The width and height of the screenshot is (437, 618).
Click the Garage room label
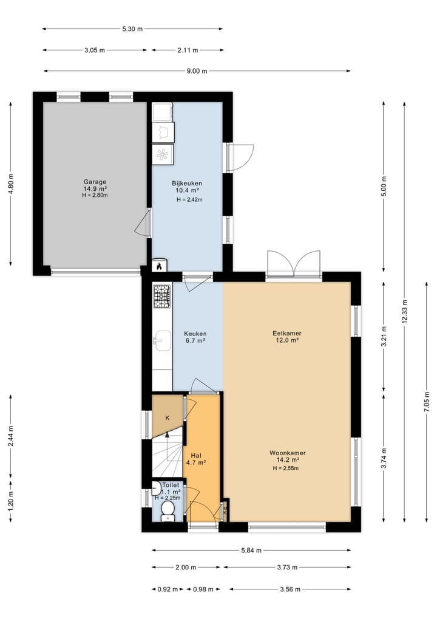coord(95,182)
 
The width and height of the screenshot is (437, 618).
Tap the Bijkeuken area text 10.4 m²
coord(187,190)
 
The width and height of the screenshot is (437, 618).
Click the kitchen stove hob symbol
coord(162,297)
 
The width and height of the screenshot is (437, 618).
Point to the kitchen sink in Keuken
coord(162,340)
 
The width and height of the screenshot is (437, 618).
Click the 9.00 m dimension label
coord(197,71)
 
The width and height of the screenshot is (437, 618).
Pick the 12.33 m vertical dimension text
coord(405,311)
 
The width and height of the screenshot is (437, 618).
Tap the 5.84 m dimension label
coord(251,551)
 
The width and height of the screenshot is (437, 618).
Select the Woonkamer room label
coord(288,453)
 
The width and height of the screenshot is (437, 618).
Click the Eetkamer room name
coord(287,333)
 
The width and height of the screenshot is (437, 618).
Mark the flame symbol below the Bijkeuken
coord(158,266)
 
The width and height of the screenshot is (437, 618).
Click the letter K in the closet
coord(168,418)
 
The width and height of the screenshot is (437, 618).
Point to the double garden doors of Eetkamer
coord(294,264)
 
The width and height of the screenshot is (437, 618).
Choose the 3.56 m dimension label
coord(290,589)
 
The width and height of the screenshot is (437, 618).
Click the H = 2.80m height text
coord(95,195)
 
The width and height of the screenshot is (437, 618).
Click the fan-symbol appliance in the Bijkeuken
coord(162,154)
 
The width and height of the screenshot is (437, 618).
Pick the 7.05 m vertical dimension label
coord(427,402)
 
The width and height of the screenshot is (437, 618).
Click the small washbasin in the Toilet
coord(155,489)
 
